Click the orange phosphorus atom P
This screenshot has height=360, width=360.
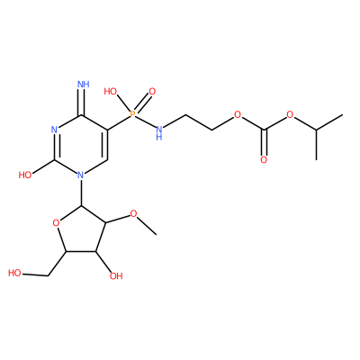132,114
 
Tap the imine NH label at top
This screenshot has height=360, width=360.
84,84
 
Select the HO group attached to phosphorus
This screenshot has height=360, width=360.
111,91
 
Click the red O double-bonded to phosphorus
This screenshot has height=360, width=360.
152,91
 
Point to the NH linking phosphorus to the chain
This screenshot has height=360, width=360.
159,132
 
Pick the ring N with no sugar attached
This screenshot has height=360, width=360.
54,130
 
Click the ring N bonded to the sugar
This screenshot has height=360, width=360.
80,175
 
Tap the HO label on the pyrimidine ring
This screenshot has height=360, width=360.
25,175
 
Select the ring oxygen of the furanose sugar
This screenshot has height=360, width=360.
55,222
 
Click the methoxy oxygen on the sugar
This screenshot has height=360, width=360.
133,214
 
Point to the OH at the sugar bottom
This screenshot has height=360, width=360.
116,275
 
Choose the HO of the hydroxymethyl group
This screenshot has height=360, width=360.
14,273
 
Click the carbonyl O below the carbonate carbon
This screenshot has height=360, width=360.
264,159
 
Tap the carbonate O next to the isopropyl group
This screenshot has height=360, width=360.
290,114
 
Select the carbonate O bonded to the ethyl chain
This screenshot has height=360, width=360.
238,114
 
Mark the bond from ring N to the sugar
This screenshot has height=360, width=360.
81,193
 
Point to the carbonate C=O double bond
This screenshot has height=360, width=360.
264,142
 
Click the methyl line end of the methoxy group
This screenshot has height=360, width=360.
156,234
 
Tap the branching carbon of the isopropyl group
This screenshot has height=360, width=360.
316,130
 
